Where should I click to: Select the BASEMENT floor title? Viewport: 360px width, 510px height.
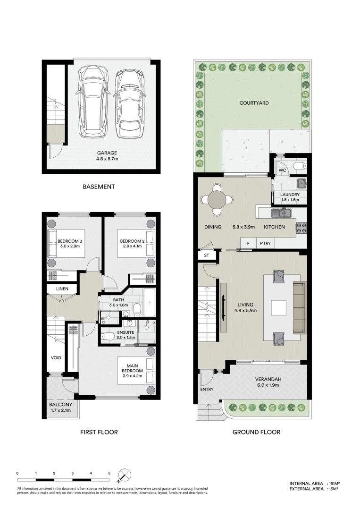coord(99,187)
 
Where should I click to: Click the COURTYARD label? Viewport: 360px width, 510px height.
coord(254,102)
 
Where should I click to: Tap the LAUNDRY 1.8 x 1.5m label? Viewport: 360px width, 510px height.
coord(290,197)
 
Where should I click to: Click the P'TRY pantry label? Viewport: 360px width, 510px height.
coord(265,243)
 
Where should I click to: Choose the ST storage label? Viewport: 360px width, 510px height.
coord(206,255)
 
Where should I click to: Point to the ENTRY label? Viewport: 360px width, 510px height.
coord(207,390)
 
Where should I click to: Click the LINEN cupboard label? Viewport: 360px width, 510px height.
coord(62,289)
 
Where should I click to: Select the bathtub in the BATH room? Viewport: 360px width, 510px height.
coord(150,303)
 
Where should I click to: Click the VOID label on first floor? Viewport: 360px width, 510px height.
coord(56,357)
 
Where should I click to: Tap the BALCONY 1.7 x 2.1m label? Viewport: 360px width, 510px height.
coord(61,408)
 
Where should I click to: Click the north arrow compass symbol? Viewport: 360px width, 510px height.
coord(125,475)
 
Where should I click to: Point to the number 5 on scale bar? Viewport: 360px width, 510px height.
coord(109,473)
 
